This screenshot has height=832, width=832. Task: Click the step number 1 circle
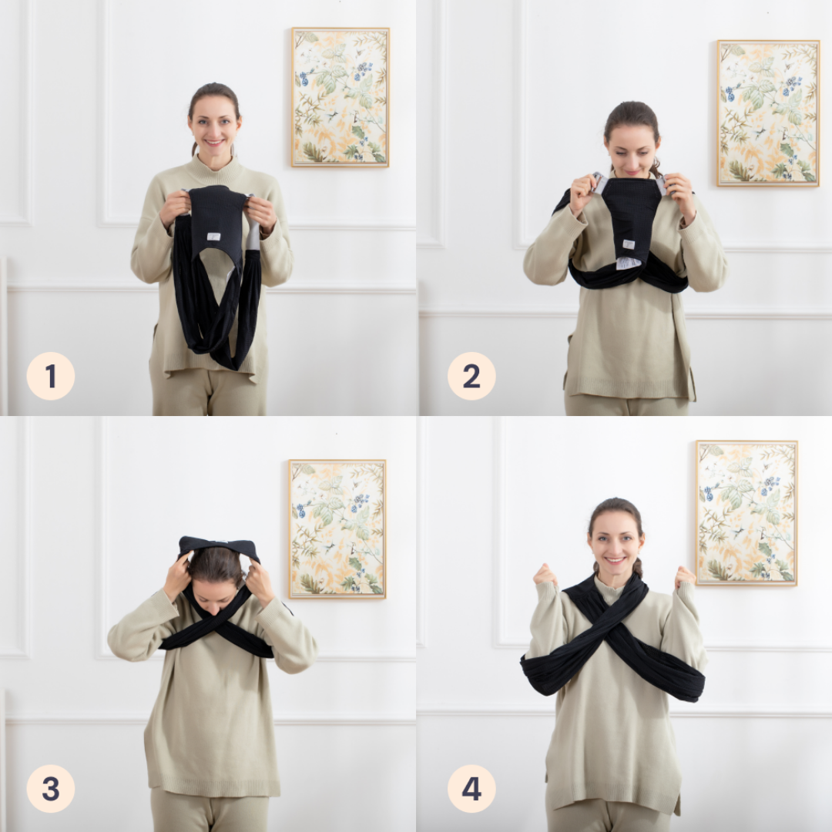[50, 376]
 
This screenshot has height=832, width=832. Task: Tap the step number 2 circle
[471, 376]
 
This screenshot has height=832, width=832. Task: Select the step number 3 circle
[50, 788]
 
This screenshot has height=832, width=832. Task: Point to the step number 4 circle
[471, 788]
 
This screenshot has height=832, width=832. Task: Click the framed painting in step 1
[341, 97]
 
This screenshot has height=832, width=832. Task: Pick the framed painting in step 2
[768, 113]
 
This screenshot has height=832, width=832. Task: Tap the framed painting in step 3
[337, 529]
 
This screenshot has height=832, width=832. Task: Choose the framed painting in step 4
[746, 512]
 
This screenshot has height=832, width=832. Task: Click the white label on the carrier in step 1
[214, 237]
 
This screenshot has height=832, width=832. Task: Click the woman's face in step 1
[214, 126]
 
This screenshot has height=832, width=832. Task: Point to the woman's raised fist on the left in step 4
[545, 575]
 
